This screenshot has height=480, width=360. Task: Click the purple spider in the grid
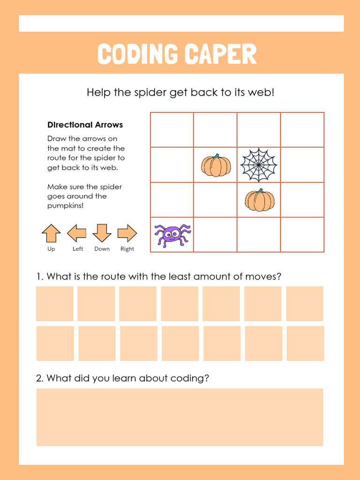pyautogui.click(x=172, y=234)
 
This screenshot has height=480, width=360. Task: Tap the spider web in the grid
pyautogui.click(x=259, y=165)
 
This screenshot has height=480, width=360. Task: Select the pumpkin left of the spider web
pyautogui.click(x=216, y=166)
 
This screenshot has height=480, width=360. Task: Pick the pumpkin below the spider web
pyautogui.click(x=260, y=200)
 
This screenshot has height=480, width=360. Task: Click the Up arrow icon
pyautogui.click(x=51, y=233)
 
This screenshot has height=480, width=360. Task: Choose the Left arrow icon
pyautogui.click(x=76, y=233)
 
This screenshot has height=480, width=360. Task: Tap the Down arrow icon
pyautogui.click(x=102, y=233)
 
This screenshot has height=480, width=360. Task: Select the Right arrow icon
pyautogui.click(x=127, y=233)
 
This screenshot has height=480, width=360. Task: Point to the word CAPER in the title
pyautogui.click(x=220, y=54)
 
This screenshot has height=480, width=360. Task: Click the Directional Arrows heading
pyautogui.click(x=85, y=125)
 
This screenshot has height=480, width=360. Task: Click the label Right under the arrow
pyautogui.click(x=127, y=249)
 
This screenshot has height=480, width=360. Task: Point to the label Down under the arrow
pyautogui.click(x=102, y=249)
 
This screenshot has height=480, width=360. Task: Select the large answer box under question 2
pyautogui.click(x=180, y=417)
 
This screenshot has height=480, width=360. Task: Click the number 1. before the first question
pyautogui.click(x=40, y=277)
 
